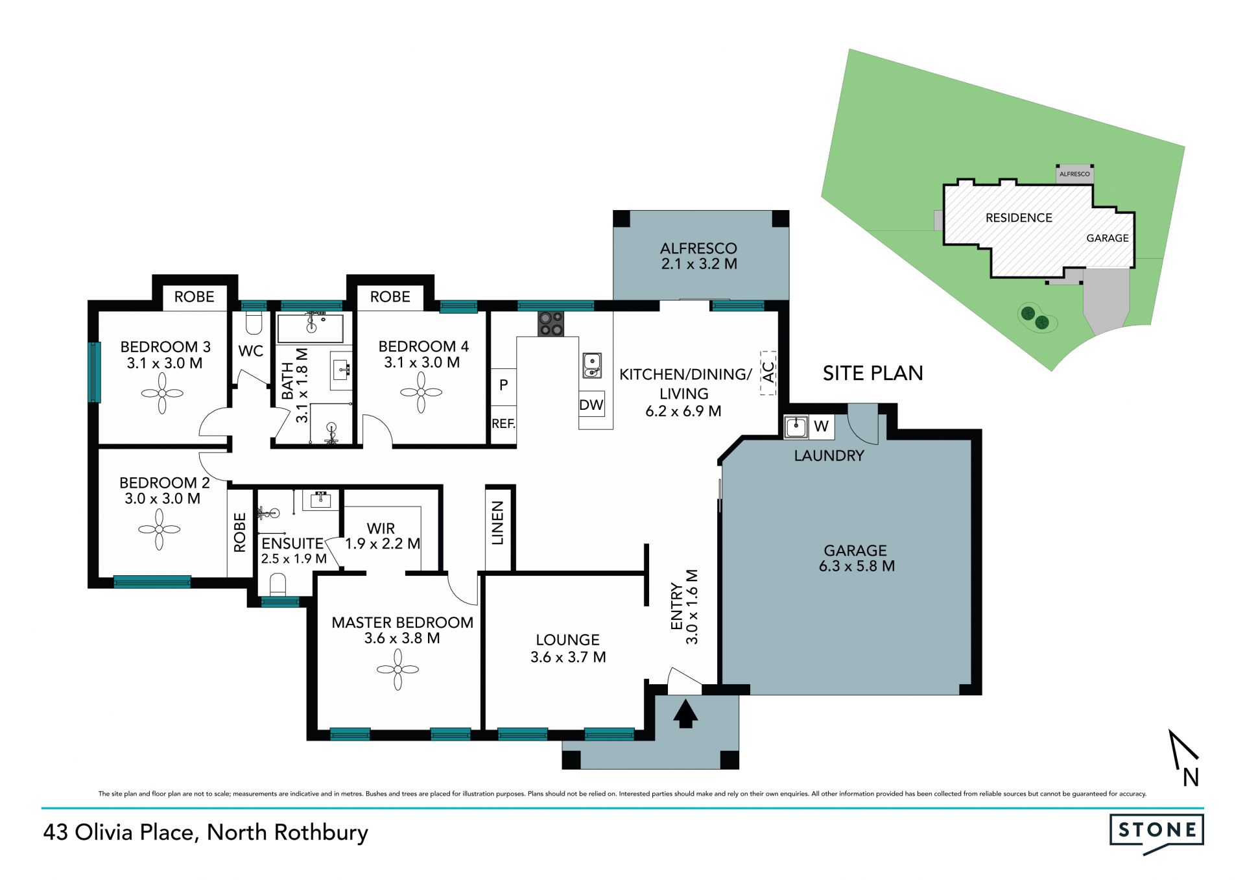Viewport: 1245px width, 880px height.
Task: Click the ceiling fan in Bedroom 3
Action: click(x=162, y=392)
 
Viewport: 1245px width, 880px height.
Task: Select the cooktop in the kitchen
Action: click(x=551, y=324)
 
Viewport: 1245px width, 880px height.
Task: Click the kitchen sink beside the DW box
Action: click(x=591, y=365)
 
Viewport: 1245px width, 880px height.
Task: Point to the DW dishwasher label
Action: click(x=591, y=405)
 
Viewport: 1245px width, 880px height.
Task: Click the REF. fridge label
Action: click(x=503, y=424)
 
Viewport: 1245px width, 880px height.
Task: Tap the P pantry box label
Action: click(x=503, y=385)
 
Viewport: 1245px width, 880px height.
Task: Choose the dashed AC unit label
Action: click(x=768, y=372)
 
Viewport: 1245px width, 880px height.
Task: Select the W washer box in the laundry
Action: click(x=821, y=427)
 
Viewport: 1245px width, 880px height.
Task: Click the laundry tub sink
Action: click(x=796, y=427)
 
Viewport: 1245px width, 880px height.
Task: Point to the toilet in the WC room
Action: click(x=254, y=323)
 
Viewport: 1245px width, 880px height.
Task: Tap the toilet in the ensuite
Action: click(x=278, y=584)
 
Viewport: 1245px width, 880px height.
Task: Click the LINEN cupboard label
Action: click(x=497, y=523)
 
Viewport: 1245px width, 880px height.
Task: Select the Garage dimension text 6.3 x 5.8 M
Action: click(x=857, y=566)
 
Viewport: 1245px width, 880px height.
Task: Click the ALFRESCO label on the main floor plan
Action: click(x=698, y=248)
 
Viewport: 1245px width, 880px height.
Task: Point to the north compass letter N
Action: click(x=1191, y=777)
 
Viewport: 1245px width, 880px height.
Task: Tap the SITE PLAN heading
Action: click(x=873, y=374)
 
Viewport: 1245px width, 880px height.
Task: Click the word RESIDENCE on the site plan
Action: click(x=1019, y=218)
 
